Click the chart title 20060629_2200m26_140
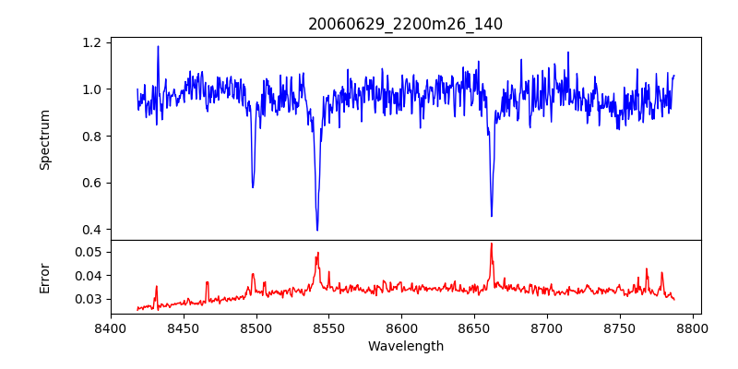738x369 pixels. tap(405, 24)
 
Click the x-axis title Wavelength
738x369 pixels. tap(405, 347)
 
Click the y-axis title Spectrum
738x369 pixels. tap(44, 139)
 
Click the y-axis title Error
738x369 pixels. tap(44, 277)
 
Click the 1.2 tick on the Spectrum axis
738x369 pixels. tap(92, 42)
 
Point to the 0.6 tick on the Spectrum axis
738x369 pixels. tap(92, 183)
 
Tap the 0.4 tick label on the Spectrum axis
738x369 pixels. tap(92, 229)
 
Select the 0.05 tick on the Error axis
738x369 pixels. tap(88, 252)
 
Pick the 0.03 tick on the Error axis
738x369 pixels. tap(88, 299)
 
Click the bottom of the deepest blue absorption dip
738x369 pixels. tap(317, 230)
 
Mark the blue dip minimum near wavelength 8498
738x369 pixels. tap(253, 187)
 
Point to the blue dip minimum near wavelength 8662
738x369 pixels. tap(492, 216)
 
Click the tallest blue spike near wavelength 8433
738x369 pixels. tap(158, 46)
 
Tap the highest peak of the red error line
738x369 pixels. tap(492, 244)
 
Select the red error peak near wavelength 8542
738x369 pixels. tap(318, 253)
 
